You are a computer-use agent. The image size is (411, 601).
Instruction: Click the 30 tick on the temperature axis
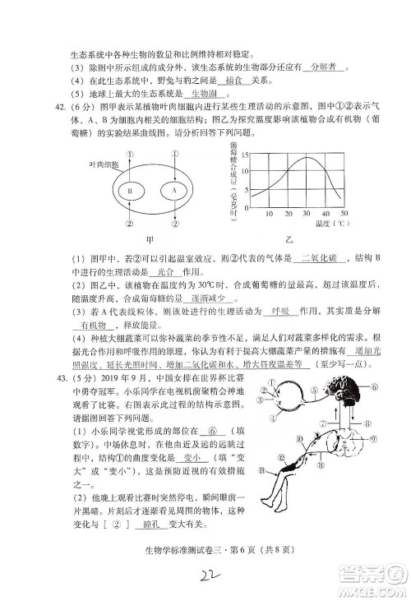click(304, 214)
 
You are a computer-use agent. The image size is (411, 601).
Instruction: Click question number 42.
click(39, 108)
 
